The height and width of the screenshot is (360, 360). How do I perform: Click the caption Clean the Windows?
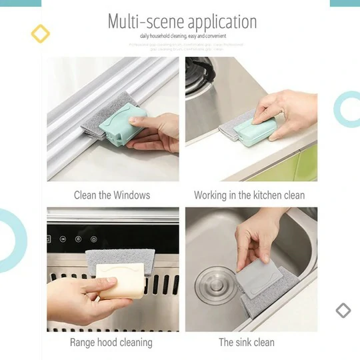[x=112, y=195]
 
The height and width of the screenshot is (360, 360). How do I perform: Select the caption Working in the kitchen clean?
[x=249, y=195]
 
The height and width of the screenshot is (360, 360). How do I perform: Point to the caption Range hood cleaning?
[x=111, y=343]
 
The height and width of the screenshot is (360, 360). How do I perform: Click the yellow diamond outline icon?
[x=41, y=33]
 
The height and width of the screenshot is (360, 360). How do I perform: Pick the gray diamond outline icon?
[x=343, y=310]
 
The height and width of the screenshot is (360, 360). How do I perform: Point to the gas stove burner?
[x=199, y=73]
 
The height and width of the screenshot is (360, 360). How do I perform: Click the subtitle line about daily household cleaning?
[x=183, y=35]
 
